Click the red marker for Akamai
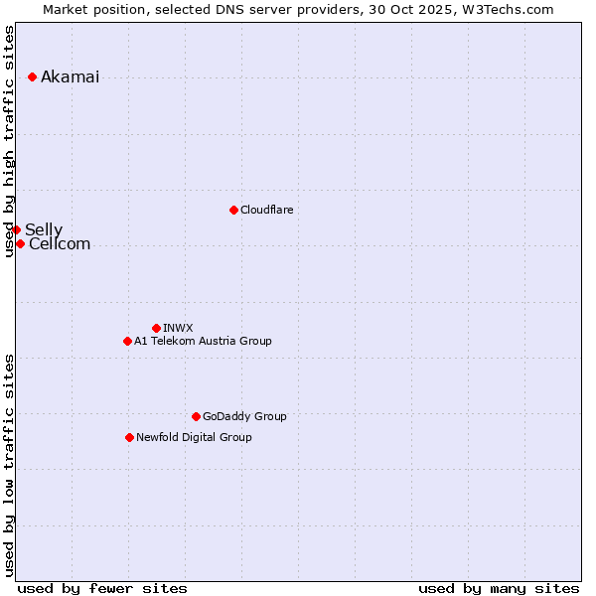click(x=33, y=76)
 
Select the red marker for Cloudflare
click(x=233, y=210)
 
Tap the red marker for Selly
click(x=16, y=229)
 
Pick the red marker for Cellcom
click(x=20, y=243)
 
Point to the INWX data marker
click(x=156, y=328)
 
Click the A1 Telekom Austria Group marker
click(x=127, y=341)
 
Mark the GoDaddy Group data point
click(x=196, y=416)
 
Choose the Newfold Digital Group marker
click(x=129, y=437)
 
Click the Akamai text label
click(x=70, y=77)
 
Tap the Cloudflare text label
click(x=266, y=211)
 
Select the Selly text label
click(x=44, y=230)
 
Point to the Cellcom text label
click(x=60, y=244)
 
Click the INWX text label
click(x=178, y=328)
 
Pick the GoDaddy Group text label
click(x=244, y=417)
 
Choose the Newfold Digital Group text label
click(x=194, y=438)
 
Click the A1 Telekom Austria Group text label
click(x=203, y=342)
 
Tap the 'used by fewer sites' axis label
click(x=102, y=588)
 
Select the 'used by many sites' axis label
click(x=499, y=588)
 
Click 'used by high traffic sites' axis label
click(x=10, y=141)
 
